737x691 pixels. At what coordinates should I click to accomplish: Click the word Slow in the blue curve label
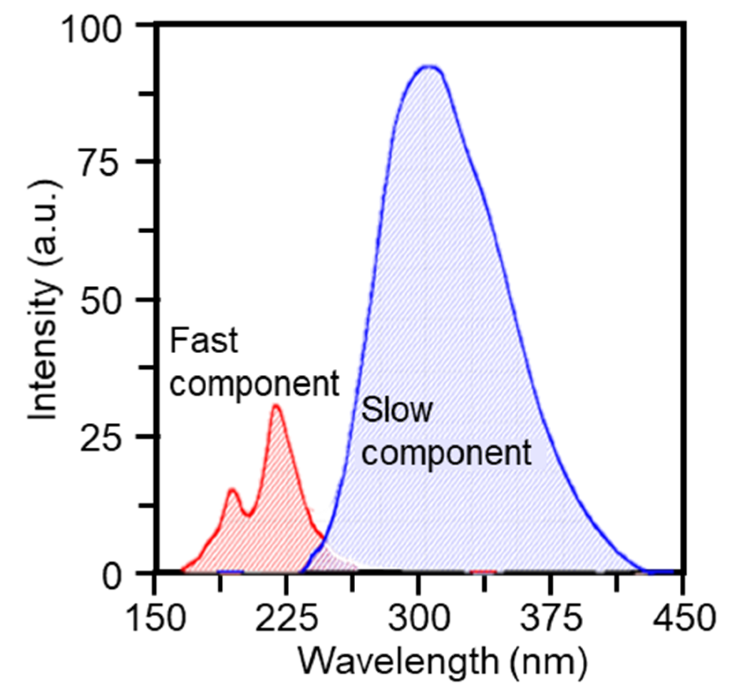click(397, 410)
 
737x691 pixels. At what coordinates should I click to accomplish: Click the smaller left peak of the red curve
click(233, 490)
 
